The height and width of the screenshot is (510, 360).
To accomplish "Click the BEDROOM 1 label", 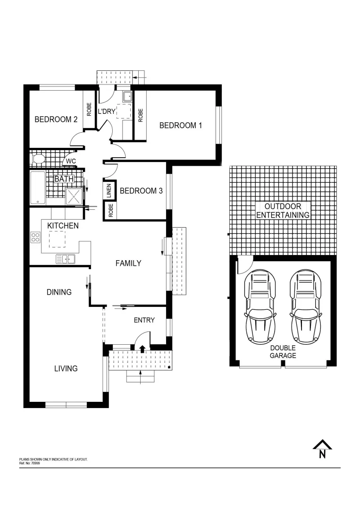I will [180, 126].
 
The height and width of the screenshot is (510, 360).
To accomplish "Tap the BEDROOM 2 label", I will [56, 119].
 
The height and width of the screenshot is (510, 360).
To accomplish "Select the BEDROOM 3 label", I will [141, 191].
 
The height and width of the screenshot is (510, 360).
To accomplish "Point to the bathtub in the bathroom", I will [38, 187].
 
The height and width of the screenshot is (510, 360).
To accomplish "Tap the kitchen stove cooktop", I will [35, 237].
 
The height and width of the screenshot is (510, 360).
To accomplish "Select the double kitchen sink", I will [66, 258].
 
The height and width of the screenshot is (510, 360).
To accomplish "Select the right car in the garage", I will [305, 307].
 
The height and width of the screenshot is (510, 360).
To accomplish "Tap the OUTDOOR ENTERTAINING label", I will [283, 211].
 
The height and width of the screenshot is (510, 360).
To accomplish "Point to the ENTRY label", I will [144, 320].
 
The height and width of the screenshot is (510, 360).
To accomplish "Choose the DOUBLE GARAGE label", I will [283, 351].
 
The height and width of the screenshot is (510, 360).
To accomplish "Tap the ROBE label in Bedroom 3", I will [110, 210].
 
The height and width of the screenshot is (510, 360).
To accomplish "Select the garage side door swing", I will [244, 265].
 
